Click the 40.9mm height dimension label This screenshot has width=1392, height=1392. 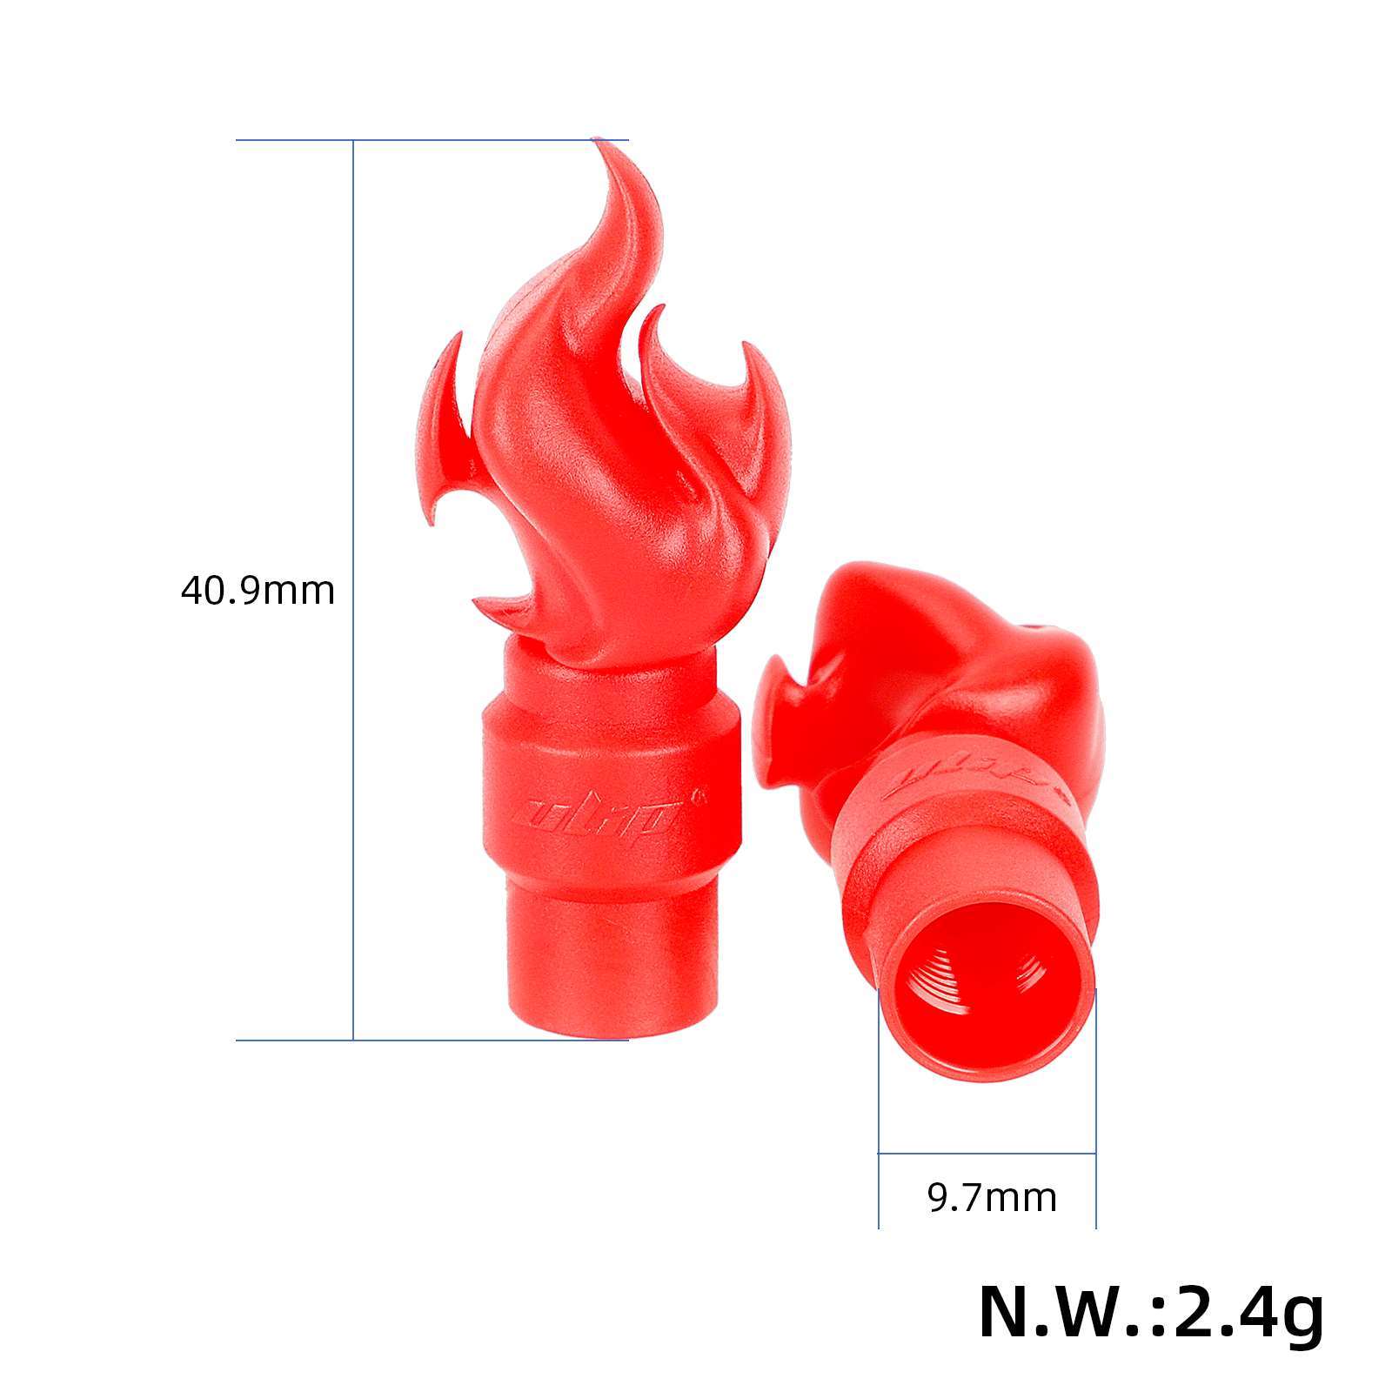click(x=258, y=591)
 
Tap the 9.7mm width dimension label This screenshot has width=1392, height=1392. click(x=992, y=1198)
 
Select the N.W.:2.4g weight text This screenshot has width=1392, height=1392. click(x=1151, y=1313)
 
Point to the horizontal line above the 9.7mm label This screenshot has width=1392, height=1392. click(x=987, y=1154)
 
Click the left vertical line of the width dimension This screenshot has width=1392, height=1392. click(x=879, y=1131)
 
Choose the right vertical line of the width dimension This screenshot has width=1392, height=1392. click(x=1096, y=1131)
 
